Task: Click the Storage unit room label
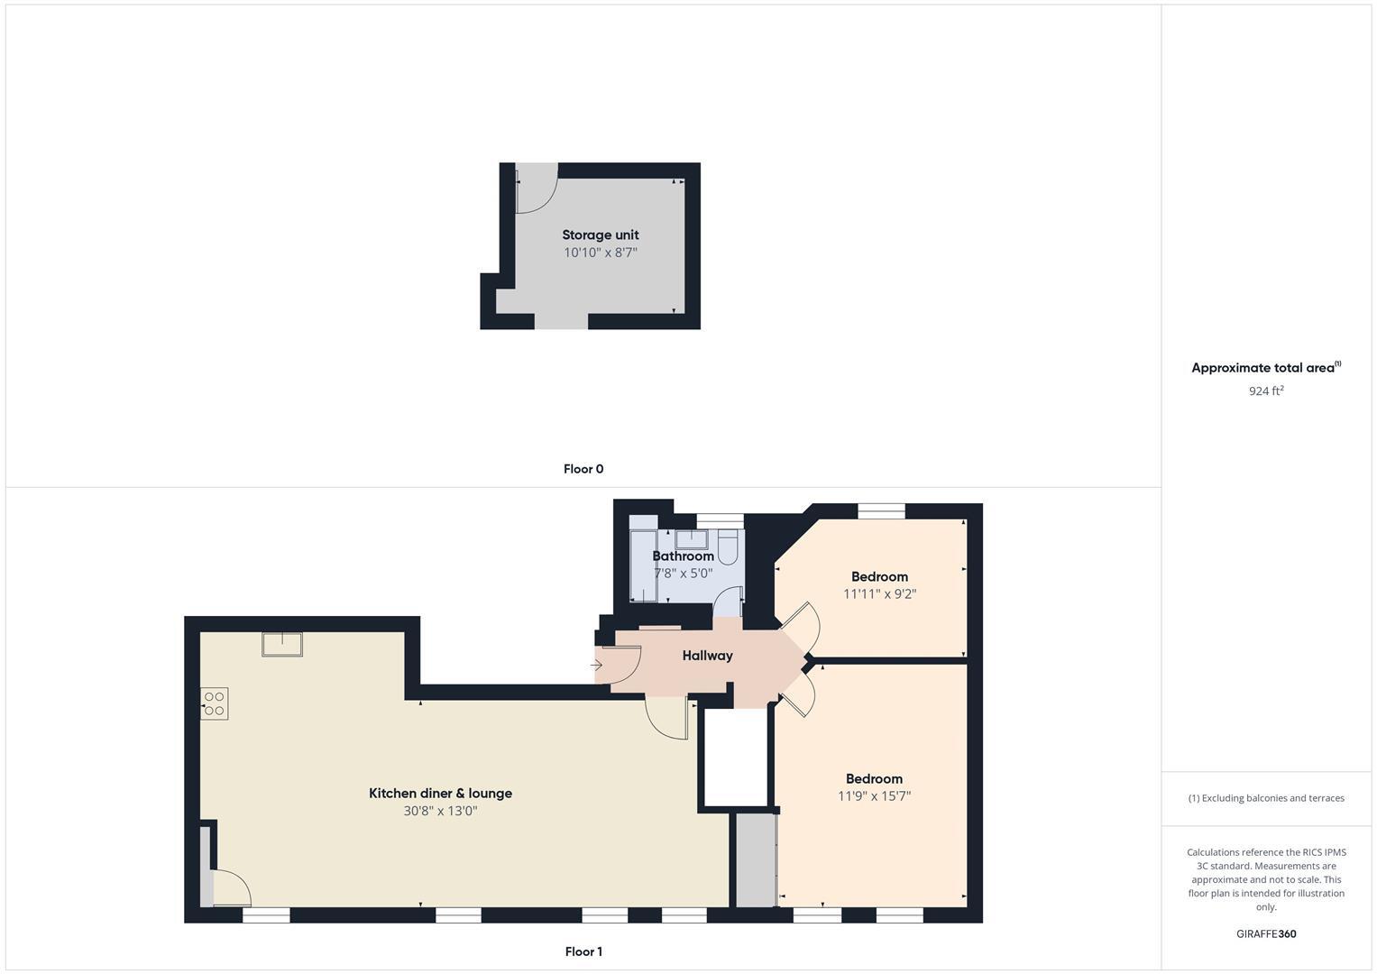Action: (x=600, y=235)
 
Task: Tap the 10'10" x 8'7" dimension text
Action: (x=600, y=253)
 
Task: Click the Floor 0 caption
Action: (x=583, y=469)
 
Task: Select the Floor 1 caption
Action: (x=583, y=951)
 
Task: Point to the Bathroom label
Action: (x=683, y=556)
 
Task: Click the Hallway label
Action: (x=707, y=656)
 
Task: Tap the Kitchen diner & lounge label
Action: (x=440, y=794)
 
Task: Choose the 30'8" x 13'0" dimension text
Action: (x=440, y=811)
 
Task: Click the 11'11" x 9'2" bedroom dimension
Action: (x=879, y=594)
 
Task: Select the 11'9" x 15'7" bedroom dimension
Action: (x=874, y=796)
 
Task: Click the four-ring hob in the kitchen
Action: (x=215, y=703)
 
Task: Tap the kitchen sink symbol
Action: (x=282, y=644)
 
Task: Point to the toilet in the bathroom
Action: (x=728, y=547)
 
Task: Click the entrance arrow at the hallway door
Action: (x=597, y=666)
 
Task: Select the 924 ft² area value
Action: (x=1266, y=391)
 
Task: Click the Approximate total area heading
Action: (x=1265, y=368)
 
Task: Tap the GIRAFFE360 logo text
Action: (x=1265, y=934)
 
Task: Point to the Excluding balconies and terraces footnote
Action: (x=1266, y=798)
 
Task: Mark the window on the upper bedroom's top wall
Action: (x=881, y=510)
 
